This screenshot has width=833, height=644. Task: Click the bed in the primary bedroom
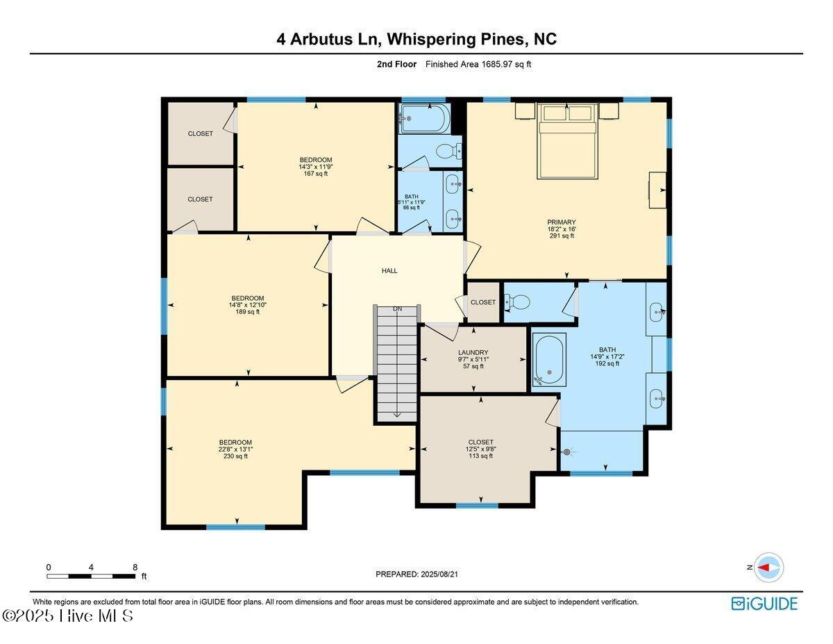point(567,142)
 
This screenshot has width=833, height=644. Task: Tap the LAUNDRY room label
point(473,352)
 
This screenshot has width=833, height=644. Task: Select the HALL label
point(389,270)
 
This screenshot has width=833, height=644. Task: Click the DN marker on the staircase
point(397,308)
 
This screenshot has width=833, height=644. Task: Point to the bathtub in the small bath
point(424,119)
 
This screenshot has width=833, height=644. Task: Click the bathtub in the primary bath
point(549,359)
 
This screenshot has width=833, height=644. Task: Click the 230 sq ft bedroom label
point(235,449)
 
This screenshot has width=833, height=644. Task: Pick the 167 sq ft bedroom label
point(315,167)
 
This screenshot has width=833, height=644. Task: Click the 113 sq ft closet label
point(480,449)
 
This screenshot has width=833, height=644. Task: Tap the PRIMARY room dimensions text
point(561,229)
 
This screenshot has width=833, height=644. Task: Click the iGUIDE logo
point(764,603)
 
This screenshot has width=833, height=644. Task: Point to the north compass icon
point(768,567)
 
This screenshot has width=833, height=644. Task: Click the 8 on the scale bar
point(135,567)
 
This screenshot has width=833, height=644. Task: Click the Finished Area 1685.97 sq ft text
point(478,65)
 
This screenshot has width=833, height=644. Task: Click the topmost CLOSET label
point(200,133)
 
